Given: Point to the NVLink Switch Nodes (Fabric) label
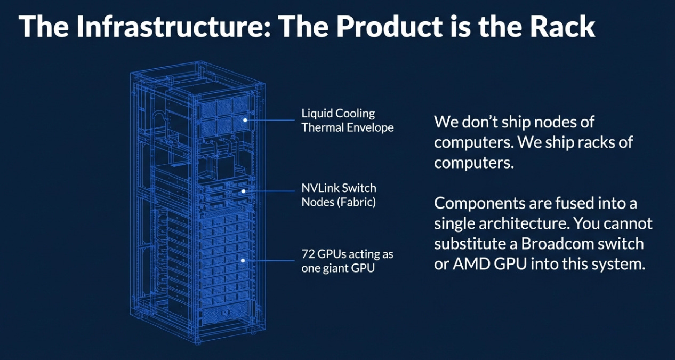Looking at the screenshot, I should (339, 195).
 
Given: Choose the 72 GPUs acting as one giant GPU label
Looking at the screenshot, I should (347, 261).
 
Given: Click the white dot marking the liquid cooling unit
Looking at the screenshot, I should (245, 120).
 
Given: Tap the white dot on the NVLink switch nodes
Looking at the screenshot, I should (243, 191).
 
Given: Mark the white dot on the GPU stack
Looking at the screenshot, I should (243, 261).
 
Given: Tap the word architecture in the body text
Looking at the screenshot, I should (513, 223).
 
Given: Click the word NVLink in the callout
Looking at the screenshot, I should (320, 188).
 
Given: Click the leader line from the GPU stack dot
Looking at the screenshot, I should (269, 261).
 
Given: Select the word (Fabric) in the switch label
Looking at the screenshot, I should (358, 202).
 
